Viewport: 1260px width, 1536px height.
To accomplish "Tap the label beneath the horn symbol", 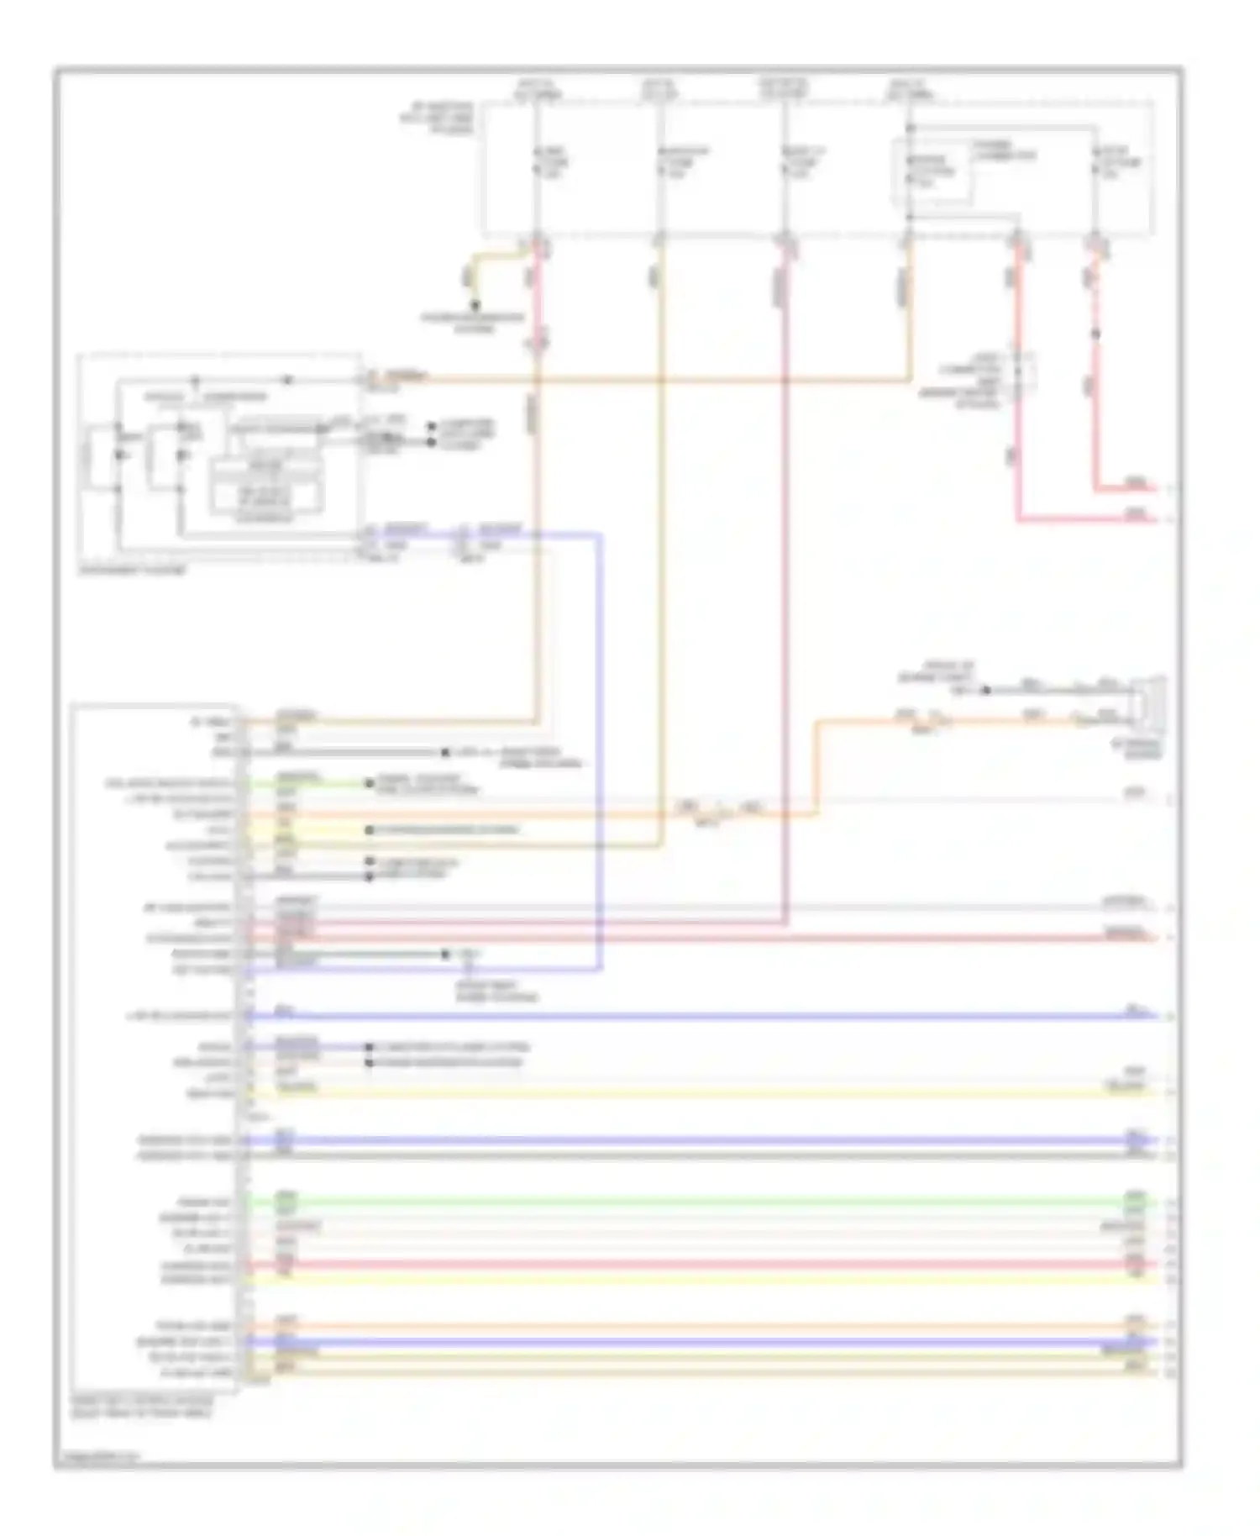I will pos(1147,750).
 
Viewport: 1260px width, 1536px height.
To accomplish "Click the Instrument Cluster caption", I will pos(133,571).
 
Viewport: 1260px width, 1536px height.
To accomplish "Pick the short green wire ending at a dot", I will pos(319,784).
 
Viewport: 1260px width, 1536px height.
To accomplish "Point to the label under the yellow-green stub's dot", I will pos(475,324).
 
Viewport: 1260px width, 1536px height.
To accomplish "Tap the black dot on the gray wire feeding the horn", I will pos(987,691).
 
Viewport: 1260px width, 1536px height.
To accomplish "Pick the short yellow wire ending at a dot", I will pos(319,830).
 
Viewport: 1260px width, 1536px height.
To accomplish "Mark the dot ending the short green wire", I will pos(368,784).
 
